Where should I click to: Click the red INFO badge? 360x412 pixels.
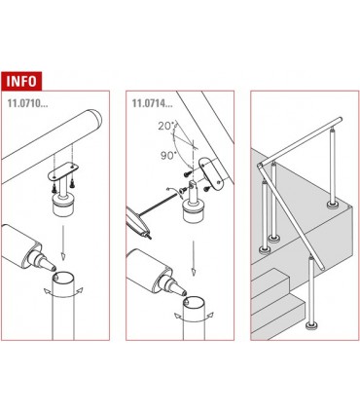[x=28, y=79]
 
